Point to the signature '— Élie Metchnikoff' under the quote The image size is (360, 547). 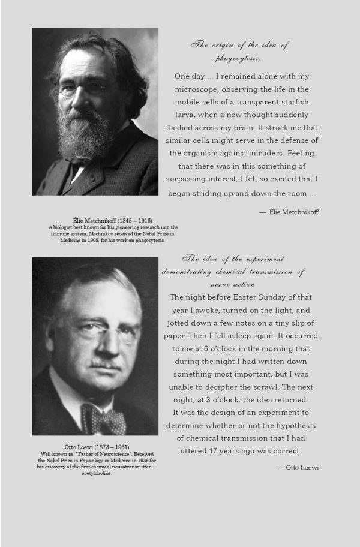point(289,212)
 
